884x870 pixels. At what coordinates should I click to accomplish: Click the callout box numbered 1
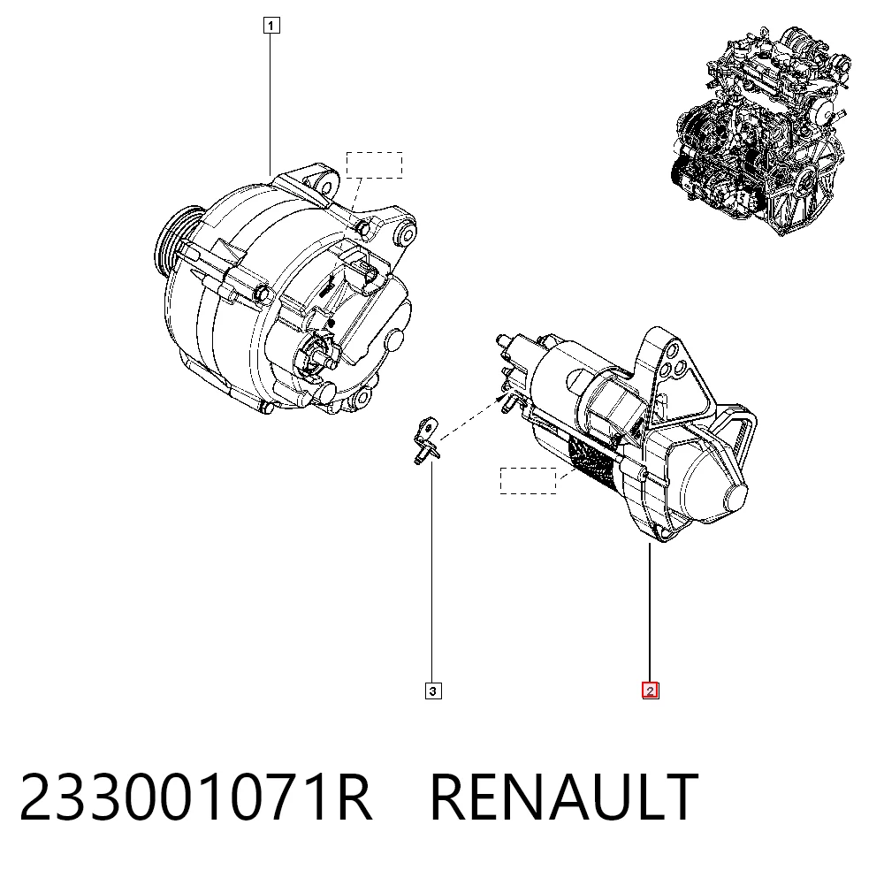pyautogui.click(x=271, y=26)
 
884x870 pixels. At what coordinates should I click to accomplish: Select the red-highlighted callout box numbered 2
pyautogui.click(x=650, y=691)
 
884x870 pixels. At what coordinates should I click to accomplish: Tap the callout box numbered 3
pyautogui.click(x=433, y=691)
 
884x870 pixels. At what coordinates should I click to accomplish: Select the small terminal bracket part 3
pyautogui.click(x=427, y=440)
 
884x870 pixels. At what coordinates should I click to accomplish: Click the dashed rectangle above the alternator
pyautogui.click(x=374, y=165)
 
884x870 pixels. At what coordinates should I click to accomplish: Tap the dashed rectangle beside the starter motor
pyautogui.click(x=529, y=480)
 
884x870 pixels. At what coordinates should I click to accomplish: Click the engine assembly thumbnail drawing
pyautogui.click(x=762, y=130)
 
